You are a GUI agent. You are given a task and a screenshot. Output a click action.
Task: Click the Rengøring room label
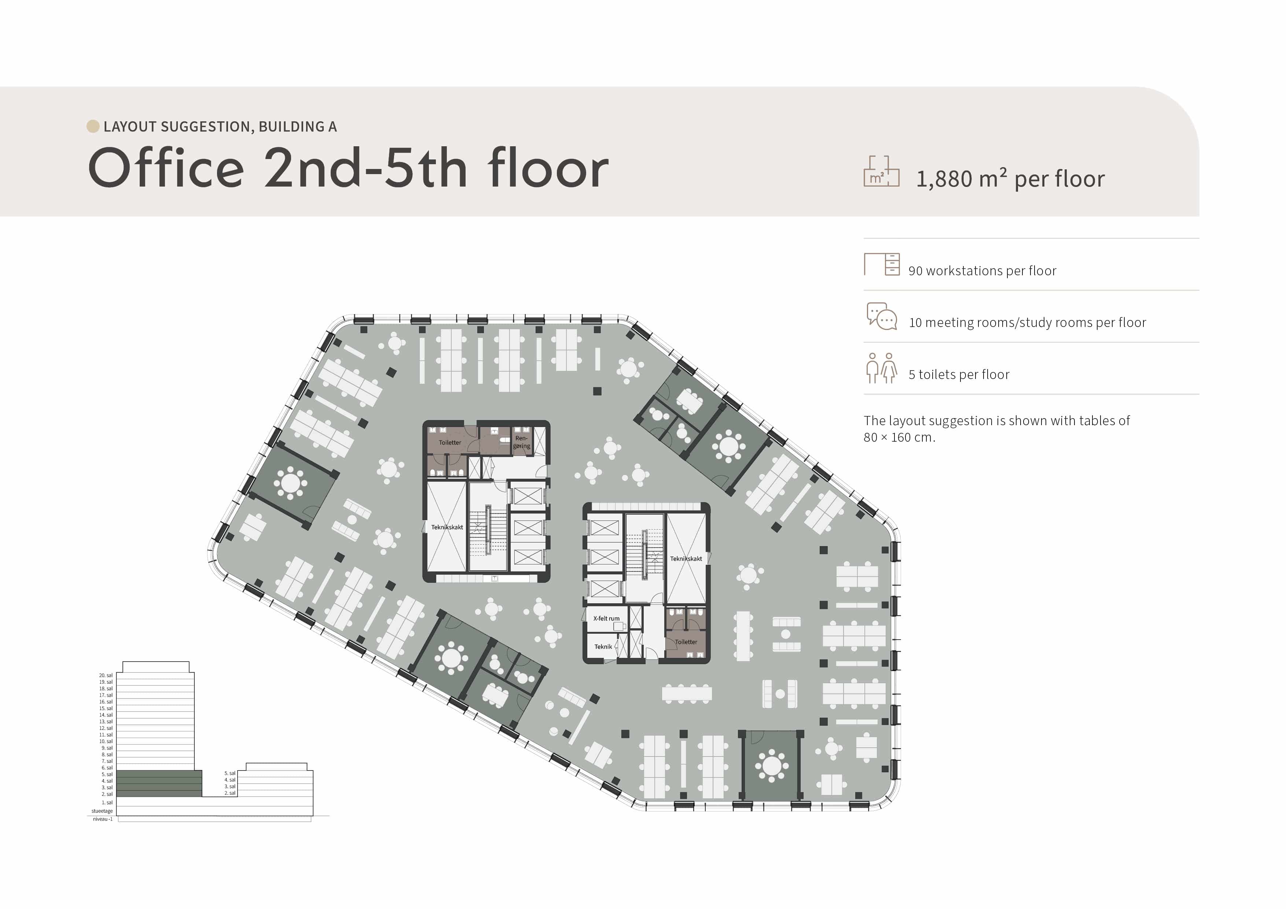tap(521, 442)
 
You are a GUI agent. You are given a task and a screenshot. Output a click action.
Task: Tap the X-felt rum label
tap(606, 618)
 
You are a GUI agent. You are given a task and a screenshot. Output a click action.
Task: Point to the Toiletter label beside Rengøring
tap(450, 442)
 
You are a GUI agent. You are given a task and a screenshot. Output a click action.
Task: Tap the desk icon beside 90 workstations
tap(882, 264)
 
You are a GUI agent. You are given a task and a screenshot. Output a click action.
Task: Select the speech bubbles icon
tap(882, 316)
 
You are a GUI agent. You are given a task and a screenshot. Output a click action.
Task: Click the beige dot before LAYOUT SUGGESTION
tap(93, 126)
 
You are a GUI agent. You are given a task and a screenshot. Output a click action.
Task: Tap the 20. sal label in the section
tap(106, 676)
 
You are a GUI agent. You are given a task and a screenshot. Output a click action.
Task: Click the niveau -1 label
tap(103, 819)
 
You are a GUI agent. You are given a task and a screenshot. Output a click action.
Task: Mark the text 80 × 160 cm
tap(899, 437)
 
